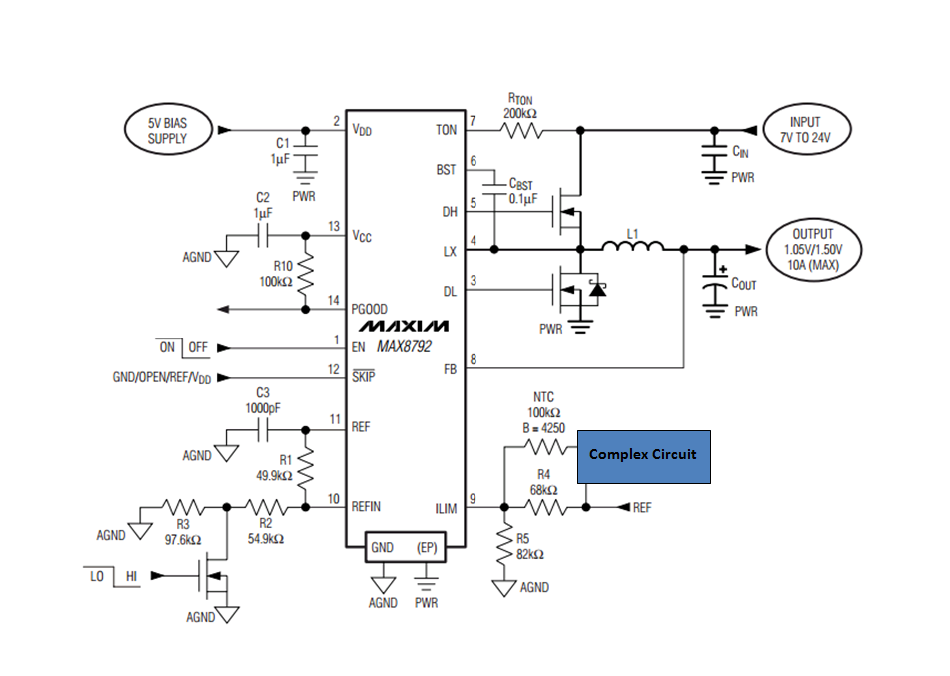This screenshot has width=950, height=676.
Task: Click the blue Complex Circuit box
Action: tap(644, 457)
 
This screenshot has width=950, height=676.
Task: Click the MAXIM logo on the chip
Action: tap(404, 326)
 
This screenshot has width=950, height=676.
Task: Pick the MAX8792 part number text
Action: tap(405, 347)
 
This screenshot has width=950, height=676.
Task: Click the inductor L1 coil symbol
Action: tap(633, 245)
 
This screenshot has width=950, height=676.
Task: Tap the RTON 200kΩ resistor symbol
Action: tap(521, 130)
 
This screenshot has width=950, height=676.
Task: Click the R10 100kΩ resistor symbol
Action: tap(306, 273)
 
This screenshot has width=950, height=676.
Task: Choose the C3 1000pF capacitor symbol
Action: tap(263, 430)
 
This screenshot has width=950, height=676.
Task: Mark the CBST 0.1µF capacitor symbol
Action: tap(495, 188)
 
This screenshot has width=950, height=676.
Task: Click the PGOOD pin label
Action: tap(369, 309)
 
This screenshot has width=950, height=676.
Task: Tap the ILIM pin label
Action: tap(446, 509)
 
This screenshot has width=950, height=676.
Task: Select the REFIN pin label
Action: tap(366, 506)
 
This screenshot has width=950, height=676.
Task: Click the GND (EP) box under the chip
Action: tap(406, 547)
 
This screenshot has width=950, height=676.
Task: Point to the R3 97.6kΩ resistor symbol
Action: tap(183, 507)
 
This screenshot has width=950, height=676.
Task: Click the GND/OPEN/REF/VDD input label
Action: tap(162, 378)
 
